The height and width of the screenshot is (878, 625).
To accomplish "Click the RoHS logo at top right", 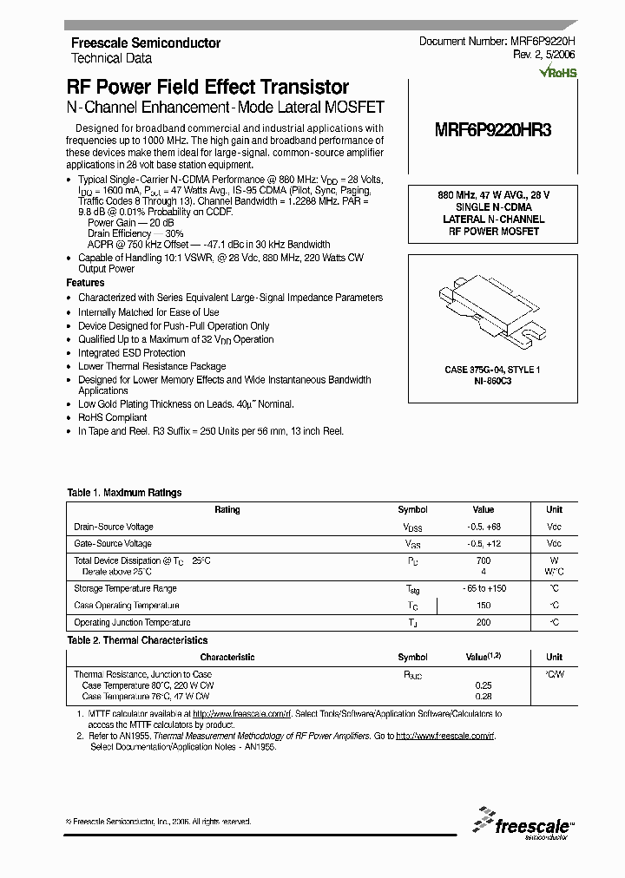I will pos(557,73).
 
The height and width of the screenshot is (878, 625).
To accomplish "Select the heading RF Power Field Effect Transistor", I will pos(207,88).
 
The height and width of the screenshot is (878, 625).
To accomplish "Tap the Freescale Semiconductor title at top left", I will pos(145,43).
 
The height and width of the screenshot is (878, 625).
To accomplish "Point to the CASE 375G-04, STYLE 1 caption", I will pos(492,370).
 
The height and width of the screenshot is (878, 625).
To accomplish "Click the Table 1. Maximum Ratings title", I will pos(124,493).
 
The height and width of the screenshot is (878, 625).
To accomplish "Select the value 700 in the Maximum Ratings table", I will pos(484,561).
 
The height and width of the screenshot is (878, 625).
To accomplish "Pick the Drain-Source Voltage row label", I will pos(114,527).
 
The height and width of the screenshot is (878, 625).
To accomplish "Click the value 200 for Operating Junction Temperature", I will pos(484,623).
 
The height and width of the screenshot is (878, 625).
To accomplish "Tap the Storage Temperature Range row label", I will pos(126,588).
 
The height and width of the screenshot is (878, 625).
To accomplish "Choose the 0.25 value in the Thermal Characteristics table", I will pos(484,685).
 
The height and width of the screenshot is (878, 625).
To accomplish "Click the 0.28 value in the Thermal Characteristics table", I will pos(484,696).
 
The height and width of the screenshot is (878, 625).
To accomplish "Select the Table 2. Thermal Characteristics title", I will pos(137,640).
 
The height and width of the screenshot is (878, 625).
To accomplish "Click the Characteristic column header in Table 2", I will pos(227,658).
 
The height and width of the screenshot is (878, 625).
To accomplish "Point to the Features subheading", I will pos(85,283).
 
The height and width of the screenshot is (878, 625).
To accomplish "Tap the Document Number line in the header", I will pos(497,42).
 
